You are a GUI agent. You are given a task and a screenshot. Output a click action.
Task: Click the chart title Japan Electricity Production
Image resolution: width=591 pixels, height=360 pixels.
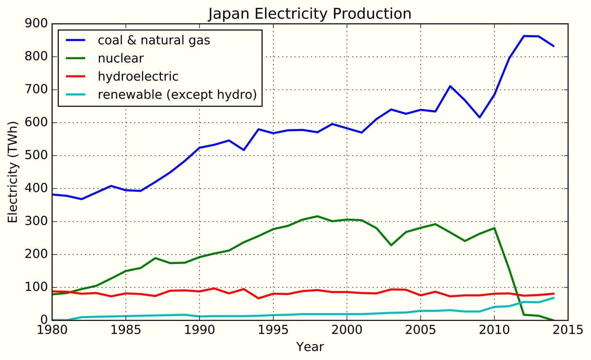[x=309, y=14]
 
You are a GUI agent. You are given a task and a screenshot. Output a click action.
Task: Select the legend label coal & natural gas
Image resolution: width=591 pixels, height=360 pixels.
[x=153, y=40]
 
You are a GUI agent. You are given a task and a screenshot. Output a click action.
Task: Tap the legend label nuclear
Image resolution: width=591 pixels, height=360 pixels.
[x=121, y=58]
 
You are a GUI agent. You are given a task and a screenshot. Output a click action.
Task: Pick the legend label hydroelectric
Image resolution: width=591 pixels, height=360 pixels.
[x=138, y=76]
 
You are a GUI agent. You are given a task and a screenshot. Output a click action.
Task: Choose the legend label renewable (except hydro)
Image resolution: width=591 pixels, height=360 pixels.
[x=177, y=94]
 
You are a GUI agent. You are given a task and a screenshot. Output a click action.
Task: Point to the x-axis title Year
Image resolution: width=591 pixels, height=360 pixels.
[x=310, y=347]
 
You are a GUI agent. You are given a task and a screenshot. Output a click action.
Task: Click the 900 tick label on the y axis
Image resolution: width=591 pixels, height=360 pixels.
[x=36, y=24]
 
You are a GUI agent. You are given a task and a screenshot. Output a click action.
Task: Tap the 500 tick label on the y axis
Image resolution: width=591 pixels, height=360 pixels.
[x=36, y=156]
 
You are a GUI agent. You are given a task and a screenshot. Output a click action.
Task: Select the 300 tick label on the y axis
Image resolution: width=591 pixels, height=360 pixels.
[x=36, y=222]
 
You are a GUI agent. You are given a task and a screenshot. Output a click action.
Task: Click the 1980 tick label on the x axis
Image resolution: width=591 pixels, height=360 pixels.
[x=52, y=330]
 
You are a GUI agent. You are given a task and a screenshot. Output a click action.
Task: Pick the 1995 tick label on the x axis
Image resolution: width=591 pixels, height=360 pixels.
[x=273, y=330]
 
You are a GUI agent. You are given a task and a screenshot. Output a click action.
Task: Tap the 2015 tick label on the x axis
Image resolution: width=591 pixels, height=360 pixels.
[x=568, y=330]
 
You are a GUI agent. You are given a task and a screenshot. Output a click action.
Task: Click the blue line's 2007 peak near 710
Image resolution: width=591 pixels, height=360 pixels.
[x=450, y=86]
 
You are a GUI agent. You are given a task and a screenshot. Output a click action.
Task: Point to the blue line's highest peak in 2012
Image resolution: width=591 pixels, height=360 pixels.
[x=524, y=36]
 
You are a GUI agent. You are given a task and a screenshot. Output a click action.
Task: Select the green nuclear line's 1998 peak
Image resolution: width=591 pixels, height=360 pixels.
[x=317, y=216]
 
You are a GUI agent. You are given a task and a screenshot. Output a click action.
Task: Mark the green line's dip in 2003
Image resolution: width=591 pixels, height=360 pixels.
[x=391, y=245]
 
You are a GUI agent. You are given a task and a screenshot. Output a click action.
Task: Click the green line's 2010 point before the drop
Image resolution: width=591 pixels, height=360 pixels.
[x=494, y=228]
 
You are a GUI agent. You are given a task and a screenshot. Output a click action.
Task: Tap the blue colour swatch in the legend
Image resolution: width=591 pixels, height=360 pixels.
[x=76, y=40]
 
